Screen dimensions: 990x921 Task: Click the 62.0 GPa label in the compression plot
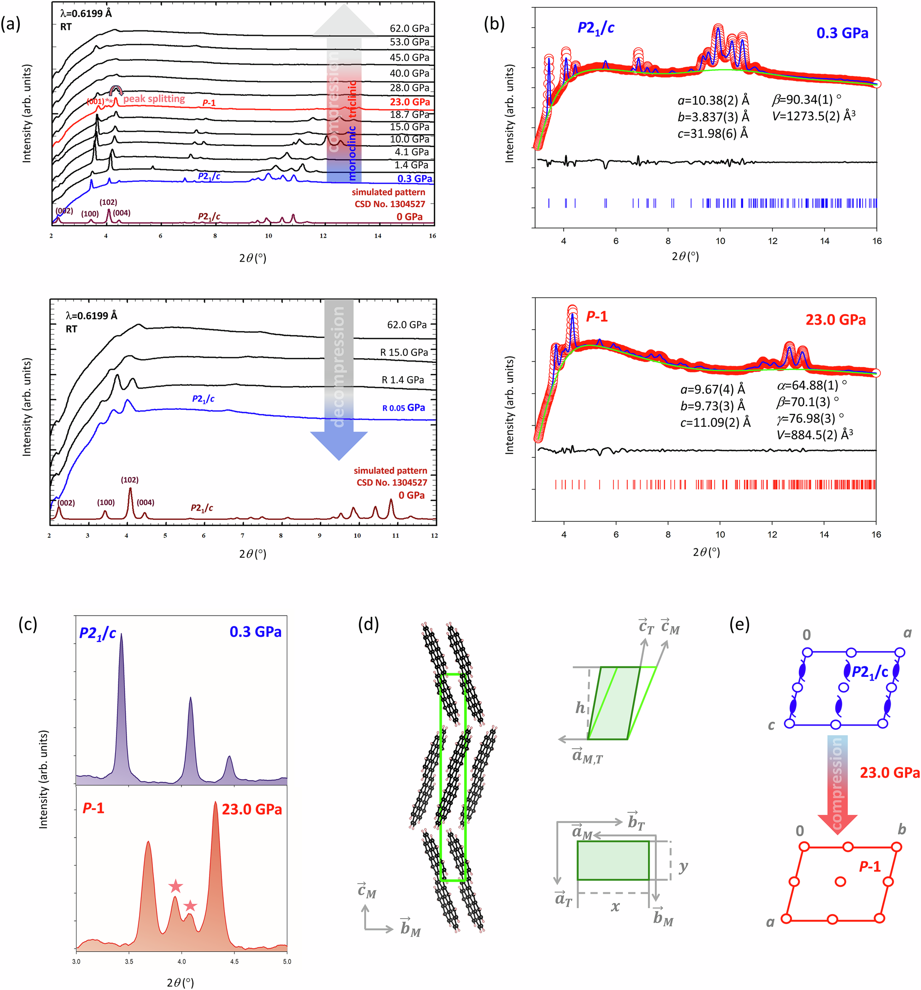click(x=408, y=29)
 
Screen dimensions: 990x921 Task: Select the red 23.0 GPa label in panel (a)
click(x=409, y=102)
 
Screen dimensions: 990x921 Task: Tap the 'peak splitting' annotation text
click(x=154, y=99)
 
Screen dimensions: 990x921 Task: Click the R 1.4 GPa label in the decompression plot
click(x=402, y=380)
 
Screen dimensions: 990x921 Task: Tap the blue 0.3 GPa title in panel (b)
click(x=842, y=33)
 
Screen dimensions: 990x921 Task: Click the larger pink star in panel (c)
click(x=175, y=886)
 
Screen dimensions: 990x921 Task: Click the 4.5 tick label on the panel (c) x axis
click(x=234, y=961)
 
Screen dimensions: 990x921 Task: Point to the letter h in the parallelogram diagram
click(x=580, y=707)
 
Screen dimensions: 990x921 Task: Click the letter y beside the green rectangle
click(x=683, y=867)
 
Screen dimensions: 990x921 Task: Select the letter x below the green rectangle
click(x=615, y=906)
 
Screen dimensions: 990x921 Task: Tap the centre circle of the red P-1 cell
click(x=840, y=881)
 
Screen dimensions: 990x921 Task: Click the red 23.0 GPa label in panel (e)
click(x=890, y=773)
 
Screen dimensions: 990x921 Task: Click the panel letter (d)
click(x=368, y=623)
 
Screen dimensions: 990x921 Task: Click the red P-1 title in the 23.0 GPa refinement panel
click(x=596, y=317)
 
